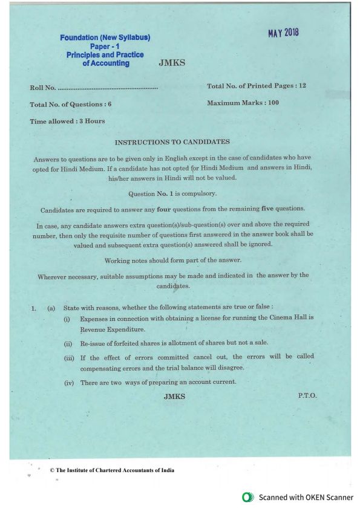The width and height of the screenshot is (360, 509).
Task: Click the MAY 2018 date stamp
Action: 284,32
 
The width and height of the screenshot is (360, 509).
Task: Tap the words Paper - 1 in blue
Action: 105,46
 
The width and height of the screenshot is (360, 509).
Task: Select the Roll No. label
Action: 42,89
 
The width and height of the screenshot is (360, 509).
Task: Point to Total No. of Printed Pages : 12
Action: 257,86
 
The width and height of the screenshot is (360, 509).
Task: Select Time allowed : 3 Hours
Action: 67,121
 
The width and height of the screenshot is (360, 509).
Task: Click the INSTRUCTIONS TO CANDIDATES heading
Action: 172,142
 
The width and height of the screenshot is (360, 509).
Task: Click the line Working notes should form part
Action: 173,260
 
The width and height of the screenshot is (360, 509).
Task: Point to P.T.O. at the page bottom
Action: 307,395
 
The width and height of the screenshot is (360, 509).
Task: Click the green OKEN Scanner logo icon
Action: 246,497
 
